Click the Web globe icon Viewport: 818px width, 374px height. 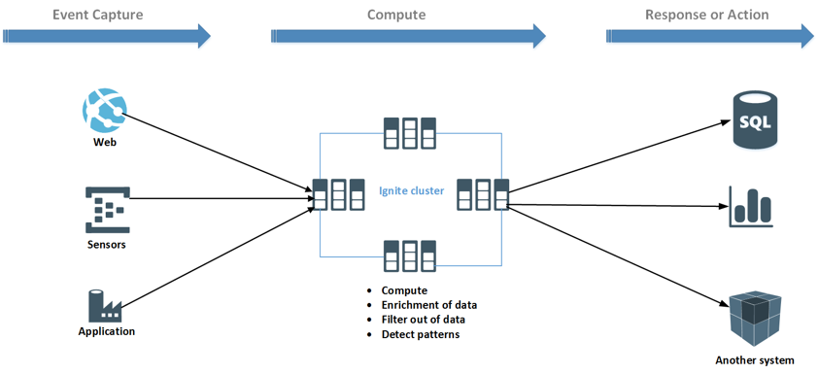(104, 111)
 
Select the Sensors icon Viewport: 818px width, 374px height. (106, 210)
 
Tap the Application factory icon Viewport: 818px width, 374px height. (105, 305)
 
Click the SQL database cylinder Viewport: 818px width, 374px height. (756, 120)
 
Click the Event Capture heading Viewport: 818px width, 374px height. (97, 15)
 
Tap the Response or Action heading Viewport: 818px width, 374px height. (706, 15)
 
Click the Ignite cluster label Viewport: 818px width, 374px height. (411, 191)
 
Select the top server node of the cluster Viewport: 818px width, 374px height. (409, 133)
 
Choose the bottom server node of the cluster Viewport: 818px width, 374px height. (409, 255)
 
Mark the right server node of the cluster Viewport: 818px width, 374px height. (483, 194)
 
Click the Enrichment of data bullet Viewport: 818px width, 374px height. (428, 305)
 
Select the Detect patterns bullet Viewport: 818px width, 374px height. (420, 334)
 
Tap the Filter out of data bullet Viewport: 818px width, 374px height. (423, 320)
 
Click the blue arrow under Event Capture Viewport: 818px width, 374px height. (106, 37)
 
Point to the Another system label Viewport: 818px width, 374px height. (755, 360)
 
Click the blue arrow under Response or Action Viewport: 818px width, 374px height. (709, 37)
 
